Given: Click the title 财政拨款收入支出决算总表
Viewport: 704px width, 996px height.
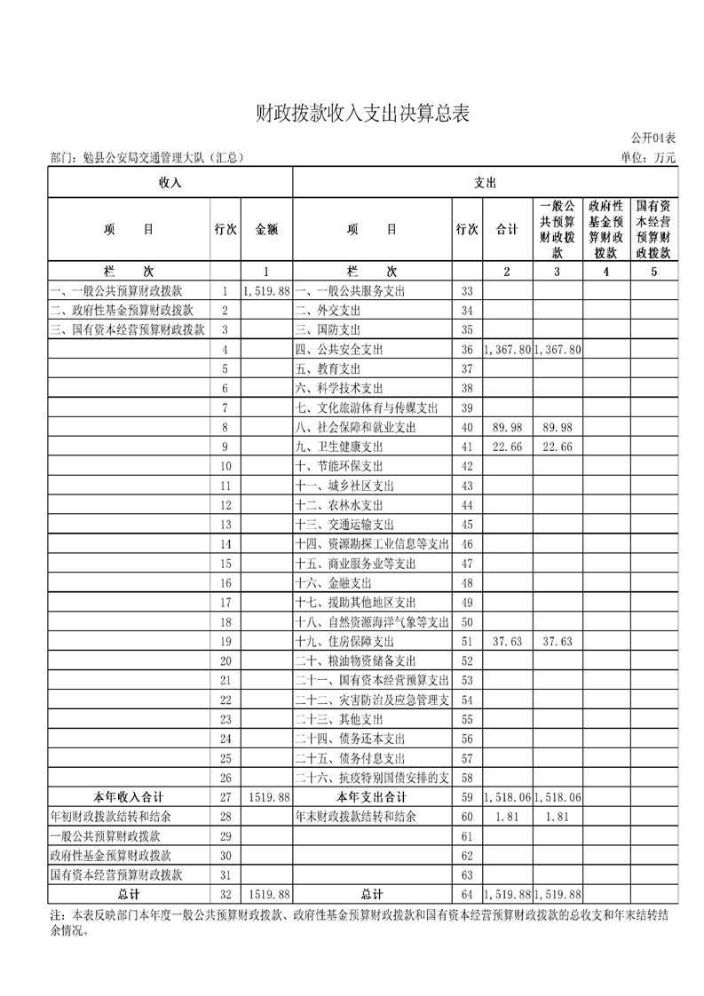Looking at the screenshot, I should point(360,114).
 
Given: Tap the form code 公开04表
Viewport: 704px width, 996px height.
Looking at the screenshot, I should point(653,138).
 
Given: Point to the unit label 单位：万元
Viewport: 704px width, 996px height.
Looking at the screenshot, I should point(650,158).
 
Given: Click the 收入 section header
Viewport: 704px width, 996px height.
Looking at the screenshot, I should point(170,183).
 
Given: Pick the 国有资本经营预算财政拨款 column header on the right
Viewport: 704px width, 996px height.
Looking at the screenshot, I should point(653,229).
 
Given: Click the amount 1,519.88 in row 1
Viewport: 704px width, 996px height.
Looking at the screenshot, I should point(266,291).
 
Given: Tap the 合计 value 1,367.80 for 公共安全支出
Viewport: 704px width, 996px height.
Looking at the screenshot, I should point(507,350).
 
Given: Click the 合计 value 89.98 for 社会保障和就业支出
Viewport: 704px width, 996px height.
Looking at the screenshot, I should point(507,428).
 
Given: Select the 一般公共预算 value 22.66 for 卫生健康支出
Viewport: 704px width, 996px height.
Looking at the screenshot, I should point(557,447).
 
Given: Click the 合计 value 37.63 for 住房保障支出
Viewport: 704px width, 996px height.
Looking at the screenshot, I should point(507,641).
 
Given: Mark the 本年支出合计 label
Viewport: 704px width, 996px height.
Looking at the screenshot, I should point(373,796).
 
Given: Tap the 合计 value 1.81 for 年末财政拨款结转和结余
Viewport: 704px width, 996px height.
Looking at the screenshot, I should point(507,816).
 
